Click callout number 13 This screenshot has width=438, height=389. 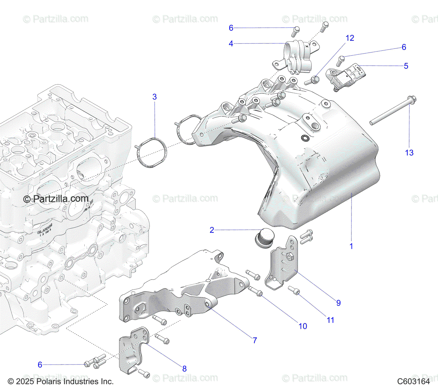pyautogui.click(x=409, y=153)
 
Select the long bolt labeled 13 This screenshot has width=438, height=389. pyautogui.click(x=392, y=111)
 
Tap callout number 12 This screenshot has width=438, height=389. pyautogui.click(x=350, y=38)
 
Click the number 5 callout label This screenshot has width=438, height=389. pyautogui.click(x=406, y=66)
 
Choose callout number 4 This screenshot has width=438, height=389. pyautogui.click(x=231, y=44)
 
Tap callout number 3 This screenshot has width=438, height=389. pyautogui.click(x=154, y=97)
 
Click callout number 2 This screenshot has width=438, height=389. pyautogui.click(x=212, y=230)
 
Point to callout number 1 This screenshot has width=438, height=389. pyautogui.click(x=351, y=246)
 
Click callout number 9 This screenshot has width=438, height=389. pyautogui.click(x=338, y=303)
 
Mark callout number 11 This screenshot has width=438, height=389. pyautogui.click(x=330, y=320)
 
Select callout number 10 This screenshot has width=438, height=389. pyautogui.click(x=303, y=326)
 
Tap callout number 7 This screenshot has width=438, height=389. pyautogui.click(x=255, y=340)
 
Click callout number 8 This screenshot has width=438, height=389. pyautogui.click(x=184, y=369)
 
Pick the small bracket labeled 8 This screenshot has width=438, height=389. pyautogui.click(x=133, y=350)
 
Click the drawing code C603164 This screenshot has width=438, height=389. pyautogui.click(x=414, y=382)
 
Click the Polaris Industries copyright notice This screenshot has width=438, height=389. pyautogui.click(x=61, y=382)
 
